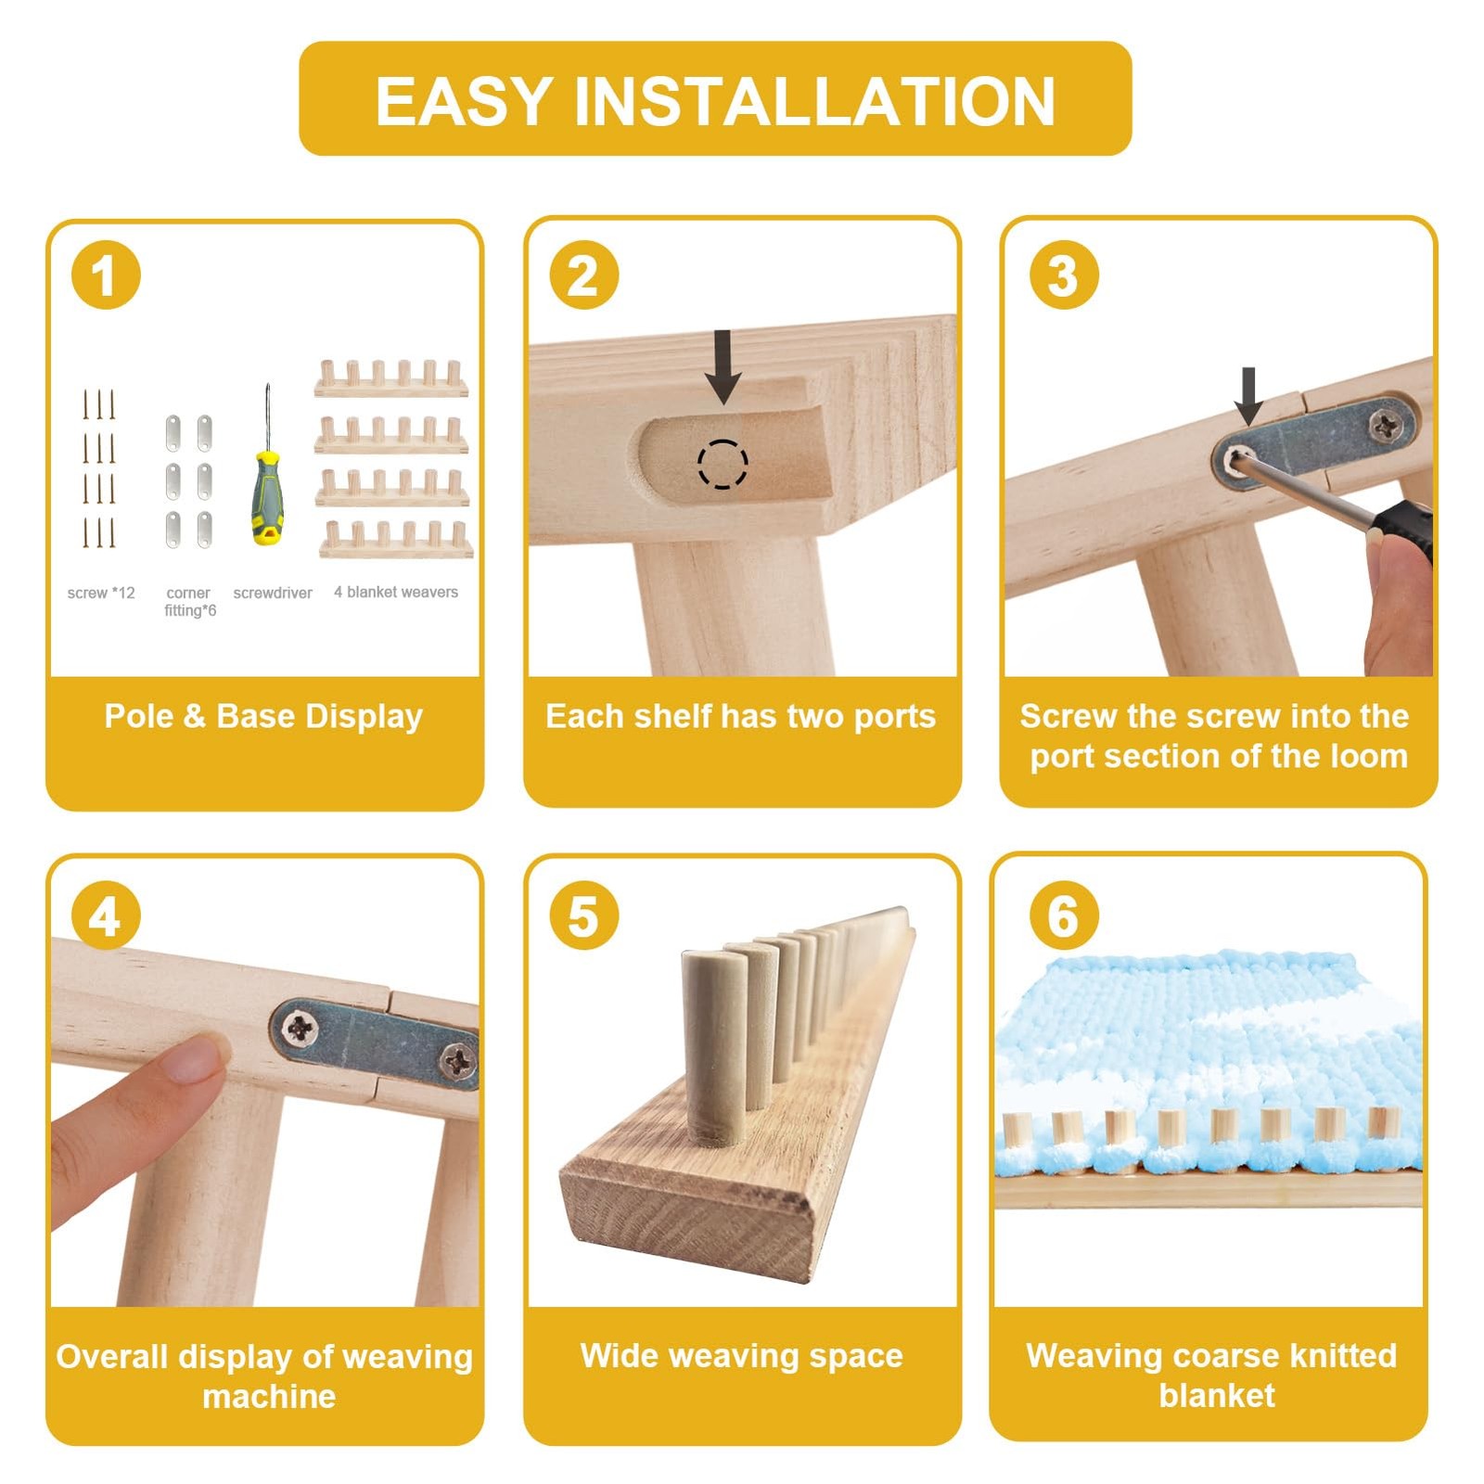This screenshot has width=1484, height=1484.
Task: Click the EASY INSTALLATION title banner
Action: point(715,98)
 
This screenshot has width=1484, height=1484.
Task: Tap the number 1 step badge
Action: point(106,275)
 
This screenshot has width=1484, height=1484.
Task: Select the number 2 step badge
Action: point(583,275)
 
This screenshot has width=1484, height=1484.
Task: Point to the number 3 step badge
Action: point(1064,275)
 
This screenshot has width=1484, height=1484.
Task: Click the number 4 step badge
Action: point(106,915)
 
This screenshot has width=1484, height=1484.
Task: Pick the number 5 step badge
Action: point(583,915)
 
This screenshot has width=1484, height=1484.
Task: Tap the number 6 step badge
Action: point(1064,915)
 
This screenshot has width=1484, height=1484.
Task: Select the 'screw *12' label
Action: point(101,593)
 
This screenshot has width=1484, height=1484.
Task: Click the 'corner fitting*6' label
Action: point(190,601)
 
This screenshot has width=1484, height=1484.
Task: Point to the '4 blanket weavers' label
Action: point(396,592)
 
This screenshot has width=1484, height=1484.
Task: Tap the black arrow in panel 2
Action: point(723,366)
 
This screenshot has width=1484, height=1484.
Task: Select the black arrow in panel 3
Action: point(1248,396)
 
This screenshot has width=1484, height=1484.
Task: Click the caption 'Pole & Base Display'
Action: point(263,716)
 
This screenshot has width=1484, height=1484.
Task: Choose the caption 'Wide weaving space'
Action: point(741,1356)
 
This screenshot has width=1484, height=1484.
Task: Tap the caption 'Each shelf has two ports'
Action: point(740,716)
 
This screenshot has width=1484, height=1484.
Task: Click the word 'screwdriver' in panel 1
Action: point(273,593)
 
